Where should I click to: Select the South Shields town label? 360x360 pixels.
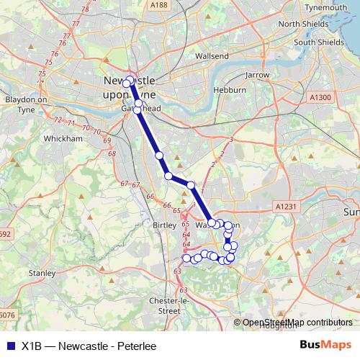point(319,42)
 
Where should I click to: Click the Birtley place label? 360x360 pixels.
point(165,225)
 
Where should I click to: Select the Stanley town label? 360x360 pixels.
point(41,274)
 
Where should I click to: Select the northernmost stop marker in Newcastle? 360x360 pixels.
point(130,80)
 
